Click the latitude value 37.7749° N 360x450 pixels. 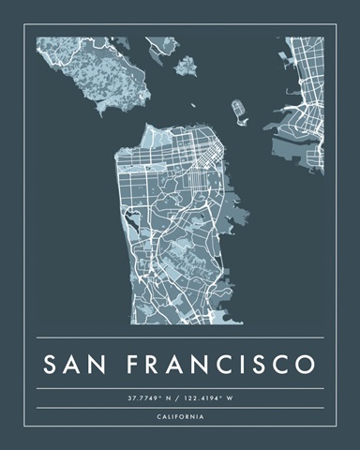150,398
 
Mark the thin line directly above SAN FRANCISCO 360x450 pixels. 180,337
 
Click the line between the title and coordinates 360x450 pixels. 180,388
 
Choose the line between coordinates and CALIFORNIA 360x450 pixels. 180,408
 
